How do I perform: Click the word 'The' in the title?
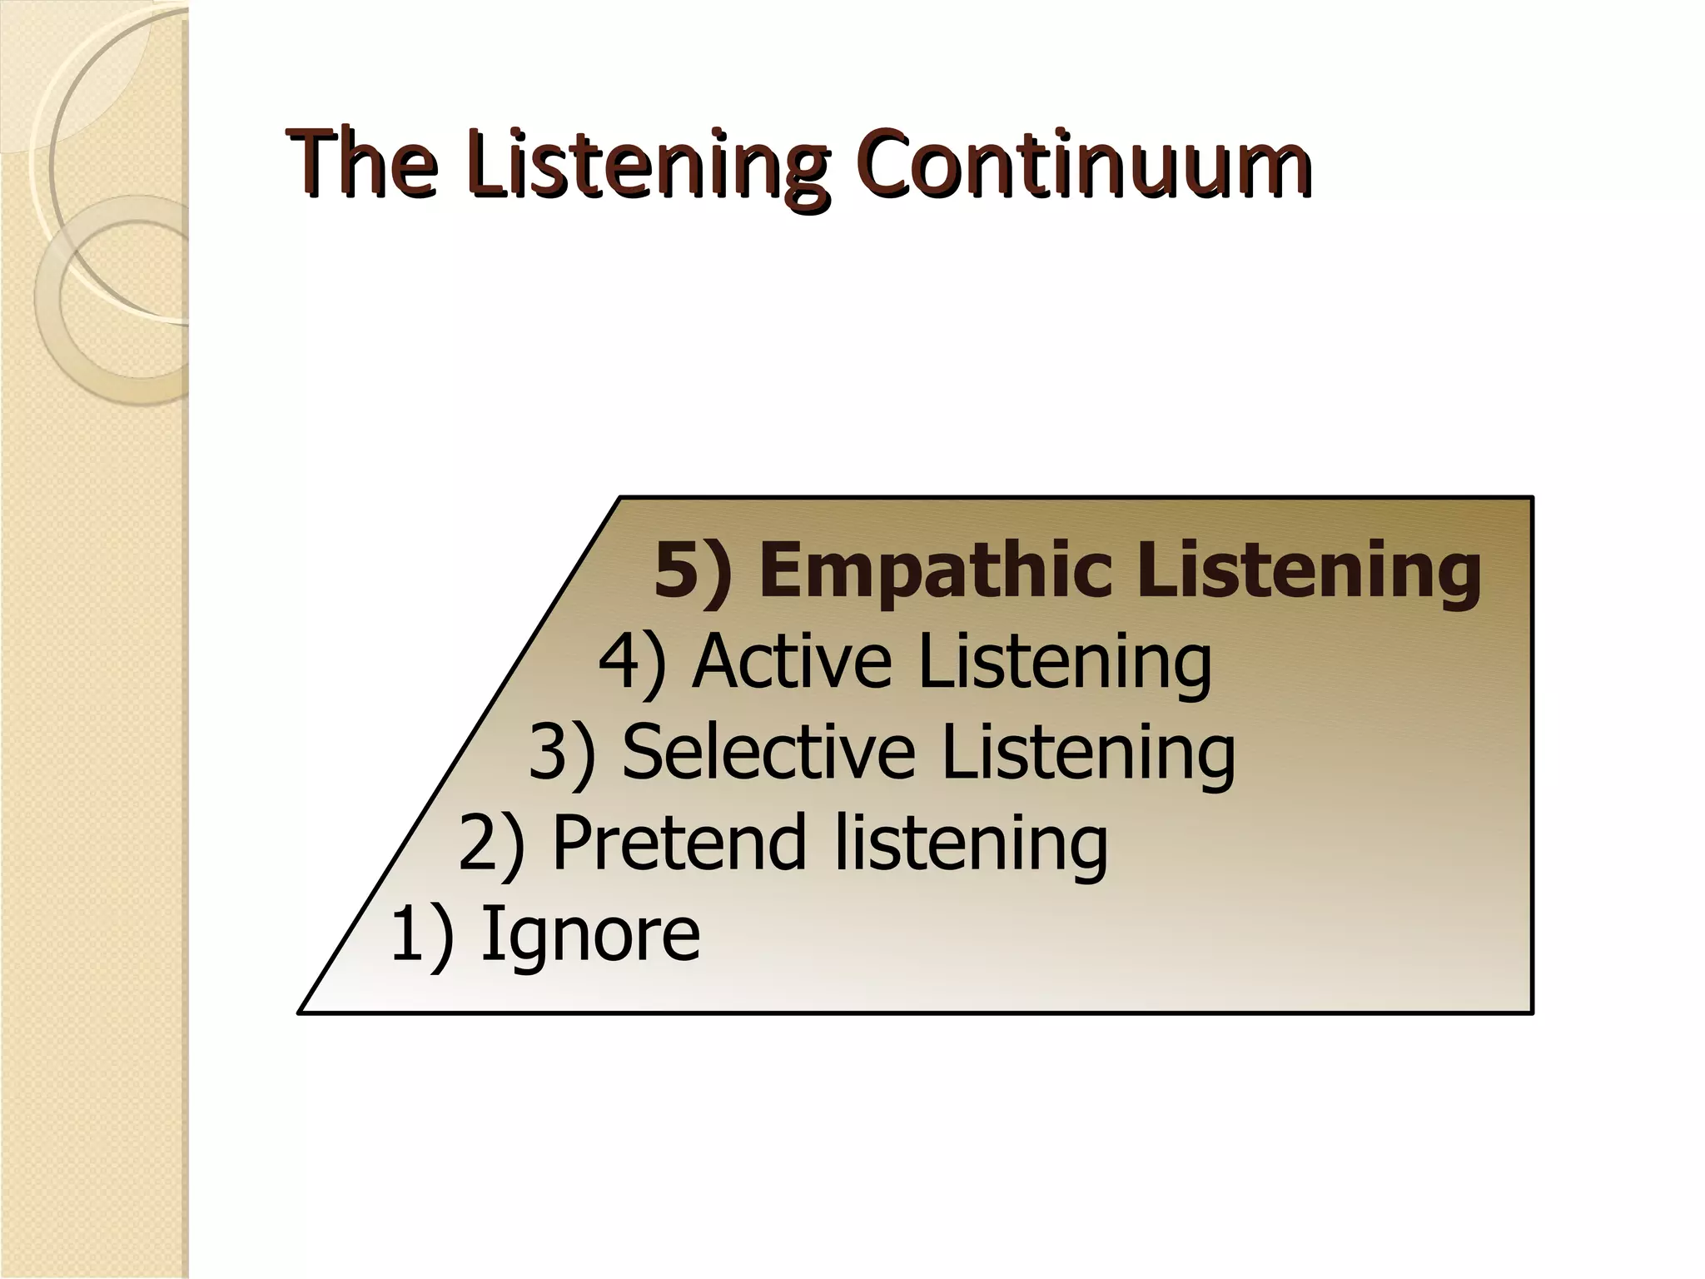coord(363,163)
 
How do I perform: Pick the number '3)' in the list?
coord(563,754)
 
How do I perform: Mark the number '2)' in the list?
coord(492,844)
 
